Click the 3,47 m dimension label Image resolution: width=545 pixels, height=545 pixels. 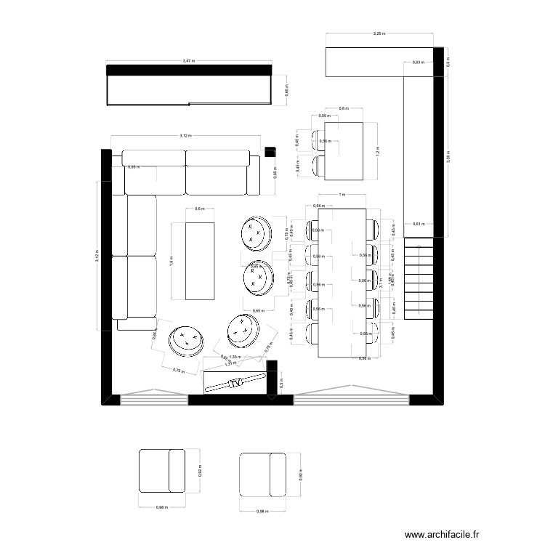pos(188,60)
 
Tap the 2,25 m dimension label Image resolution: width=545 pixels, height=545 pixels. pos(379,33)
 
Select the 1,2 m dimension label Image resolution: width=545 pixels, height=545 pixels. pos(378,151)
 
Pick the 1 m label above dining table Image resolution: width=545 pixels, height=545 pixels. pos(342,195)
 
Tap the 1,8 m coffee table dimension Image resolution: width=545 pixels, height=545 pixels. pos(171,259)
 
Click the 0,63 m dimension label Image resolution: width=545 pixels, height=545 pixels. pos(417,63)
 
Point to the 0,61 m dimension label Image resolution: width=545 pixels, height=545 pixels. pos(417,225)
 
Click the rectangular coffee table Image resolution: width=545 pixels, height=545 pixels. pos(201,260)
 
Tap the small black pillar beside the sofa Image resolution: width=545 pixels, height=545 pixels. pos(270,151)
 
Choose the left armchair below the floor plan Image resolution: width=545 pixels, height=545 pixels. pos(167,472)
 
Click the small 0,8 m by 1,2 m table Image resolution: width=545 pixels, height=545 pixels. pos(344,151)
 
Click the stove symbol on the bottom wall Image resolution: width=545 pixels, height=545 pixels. pos(235,382)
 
